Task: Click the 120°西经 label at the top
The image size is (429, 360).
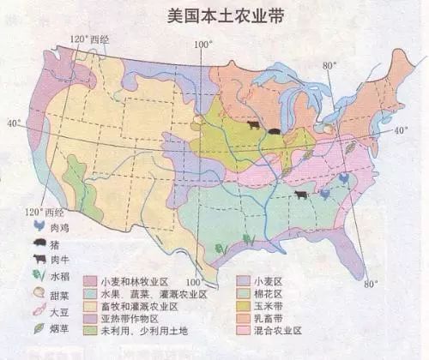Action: click(90, 39)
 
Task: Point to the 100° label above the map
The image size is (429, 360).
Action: click(202, 44)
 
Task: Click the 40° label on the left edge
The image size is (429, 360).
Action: click(14, 123)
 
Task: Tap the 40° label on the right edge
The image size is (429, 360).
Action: click(402, 130)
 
